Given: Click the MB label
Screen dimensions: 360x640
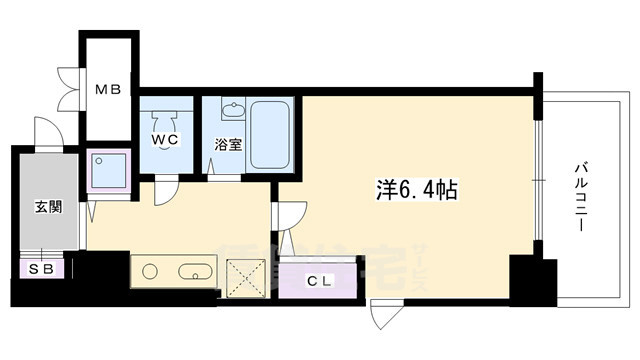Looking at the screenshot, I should pyautogui.click(x=108, y=90).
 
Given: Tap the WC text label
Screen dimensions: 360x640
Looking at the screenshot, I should pyautogui.click(x=165, y=140).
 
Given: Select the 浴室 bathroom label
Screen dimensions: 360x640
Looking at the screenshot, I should pyautogui.click(x=227, y=144).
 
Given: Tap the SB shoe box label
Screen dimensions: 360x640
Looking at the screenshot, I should pyautogui.click(x=41, y=268).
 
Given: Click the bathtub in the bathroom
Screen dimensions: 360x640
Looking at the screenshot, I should pyautogui.click(x=271, y=134).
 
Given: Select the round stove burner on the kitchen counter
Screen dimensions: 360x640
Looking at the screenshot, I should pyautogui.click(x=151, y=270).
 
